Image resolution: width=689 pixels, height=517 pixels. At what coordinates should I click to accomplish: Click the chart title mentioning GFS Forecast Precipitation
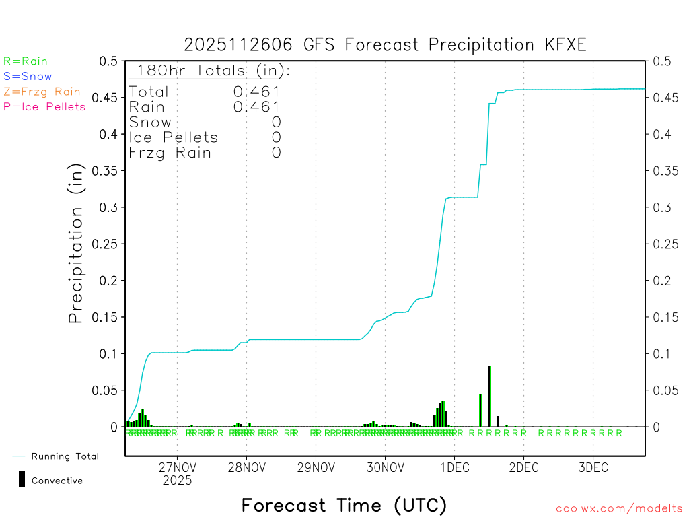(x=385, y=45)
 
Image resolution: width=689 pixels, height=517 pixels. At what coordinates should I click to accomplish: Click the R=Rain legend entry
(x=26, y=61)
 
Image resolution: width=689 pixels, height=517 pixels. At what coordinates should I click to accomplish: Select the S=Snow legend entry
(x=28, y=77)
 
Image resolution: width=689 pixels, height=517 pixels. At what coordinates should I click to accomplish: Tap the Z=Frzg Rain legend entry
(x=42, y=92)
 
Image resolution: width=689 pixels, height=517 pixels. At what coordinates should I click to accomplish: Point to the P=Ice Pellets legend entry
(x=44, y=106)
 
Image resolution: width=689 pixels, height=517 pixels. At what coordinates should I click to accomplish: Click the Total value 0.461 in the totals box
(x=256, y=92)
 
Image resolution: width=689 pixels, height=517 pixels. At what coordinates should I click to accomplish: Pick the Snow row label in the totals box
(x=150, y=123)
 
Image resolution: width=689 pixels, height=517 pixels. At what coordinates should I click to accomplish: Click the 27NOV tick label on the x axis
(x=177, y=468)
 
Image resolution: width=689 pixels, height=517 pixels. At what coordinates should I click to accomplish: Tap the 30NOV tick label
(x=385, y=468)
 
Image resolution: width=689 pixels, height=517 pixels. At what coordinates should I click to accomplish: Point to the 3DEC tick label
(x=593, y=468)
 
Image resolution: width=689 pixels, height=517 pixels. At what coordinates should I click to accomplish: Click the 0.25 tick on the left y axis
(x=104, y=244)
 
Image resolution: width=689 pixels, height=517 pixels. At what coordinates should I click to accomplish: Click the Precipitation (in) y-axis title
(x=77, y=244)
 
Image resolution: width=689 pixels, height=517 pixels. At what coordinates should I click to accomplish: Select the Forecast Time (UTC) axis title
(x=344, y=505)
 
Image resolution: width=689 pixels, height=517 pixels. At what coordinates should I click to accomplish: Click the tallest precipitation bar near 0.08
(x=489, y=396)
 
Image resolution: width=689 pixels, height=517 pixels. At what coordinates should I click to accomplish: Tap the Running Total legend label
(x=65, y=456)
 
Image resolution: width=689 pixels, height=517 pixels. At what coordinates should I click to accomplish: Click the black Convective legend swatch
(x=22, y=479)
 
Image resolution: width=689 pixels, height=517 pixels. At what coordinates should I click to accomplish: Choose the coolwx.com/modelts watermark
(x=619, y=509)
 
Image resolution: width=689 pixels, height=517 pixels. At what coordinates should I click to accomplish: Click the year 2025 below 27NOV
(x=177, y=481)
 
